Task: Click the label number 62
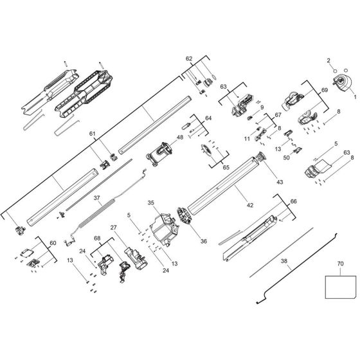click(x=188, y=59)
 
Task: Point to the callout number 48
click(x=180, y=136)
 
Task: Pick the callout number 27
click(x=113, y=227)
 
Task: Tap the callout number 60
click(x=52, y=243)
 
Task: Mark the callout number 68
click(x=97, y=239)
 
